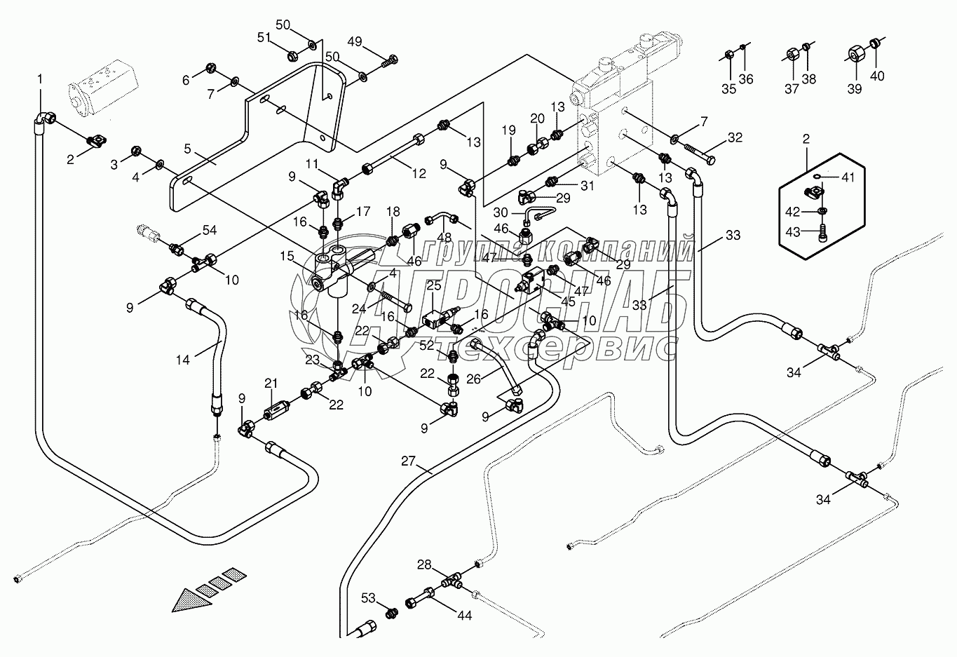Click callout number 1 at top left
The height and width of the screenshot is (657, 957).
39,79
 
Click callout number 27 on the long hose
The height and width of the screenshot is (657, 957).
409,461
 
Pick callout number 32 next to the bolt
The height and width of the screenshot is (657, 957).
735,138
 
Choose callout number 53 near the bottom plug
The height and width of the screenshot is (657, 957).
368,597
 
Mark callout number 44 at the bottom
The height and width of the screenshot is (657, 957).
464,616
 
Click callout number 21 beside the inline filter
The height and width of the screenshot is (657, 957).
271,383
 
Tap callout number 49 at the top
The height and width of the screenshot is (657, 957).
355,42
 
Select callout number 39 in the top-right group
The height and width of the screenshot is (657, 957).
854,88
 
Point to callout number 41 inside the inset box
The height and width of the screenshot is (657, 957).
848,179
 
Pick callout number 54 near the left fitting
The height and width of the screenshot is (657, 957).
210,231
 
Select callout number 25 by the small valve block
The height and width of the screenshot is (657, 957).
434,285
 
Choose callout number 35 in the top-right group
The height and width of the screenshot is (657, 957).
728,88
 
